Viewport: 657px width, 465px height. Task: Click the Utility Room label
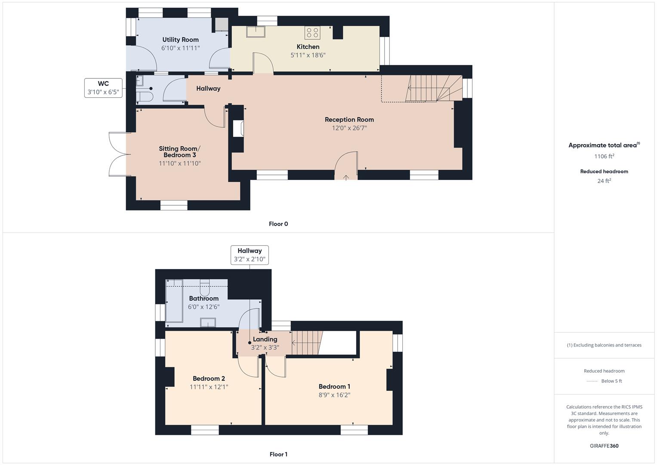click(x=180, y=40)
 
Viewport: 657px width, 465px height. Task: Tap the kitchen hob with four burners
click(x=312, y=32)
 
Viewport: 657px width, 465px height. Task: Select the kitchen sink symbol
click(x=255, y=32)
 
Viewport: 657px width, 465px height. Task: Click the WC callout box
click(x=103, y=88)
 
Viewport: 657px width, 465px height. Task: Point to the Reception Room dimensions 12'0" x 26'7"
click(x=349, y=128)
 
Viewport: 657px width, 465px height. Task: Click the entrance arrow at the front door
click(x=346, y=177)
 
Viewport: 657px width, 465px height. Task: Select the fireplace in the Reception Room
click(x=238, y=129)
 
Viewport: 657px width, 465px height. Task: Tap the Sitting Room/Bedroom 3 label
click(x=179, y=152)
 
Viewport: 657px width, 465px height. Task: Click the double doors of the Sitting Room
click(x=117, y=154)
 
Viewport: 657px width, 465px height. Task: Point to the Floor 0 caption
click(x=278, y=224)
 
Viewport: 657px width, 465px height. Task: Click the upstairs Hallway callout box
click(x=250, y=255)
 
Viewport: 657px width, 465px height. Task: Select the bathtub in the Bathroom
click(x=175, y=301)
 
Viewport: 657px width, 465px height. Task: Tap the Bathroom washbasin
click(x=208, y=322)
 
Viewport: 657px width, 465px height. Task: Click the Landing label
click(x=265, y=339)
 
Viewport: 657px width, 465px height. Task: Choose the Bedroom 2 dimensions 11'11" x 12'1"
click(x=209, y=387)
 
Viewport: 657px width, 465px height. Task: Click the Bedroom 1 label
click(x=334, y=386)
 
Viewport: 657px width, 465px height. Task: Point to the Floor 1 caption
click(x=278, y=454)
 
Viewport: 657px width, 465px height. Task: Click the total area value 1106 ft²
click(x=604, y=156)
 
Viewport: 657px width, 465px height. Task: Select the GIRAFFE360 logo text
click(x=604, y=446)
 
